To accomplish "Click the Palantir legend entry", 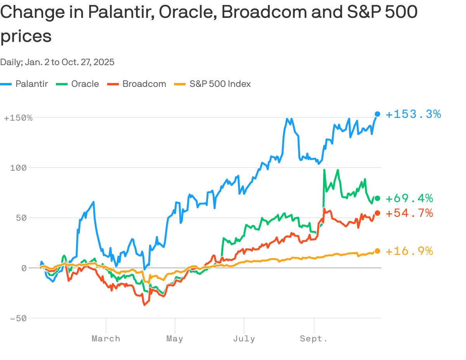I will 31,84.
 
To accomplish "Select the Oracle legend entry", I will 85,84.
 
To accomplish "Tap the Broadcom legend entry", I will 144,84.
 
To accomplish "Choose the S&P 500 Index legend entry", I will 220,84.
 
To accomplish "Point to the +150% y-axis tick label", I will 18,118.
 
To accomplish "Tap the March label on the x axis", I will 106,339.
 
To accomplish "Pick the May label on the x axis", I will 175,339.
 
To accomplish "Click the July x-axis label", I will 244,339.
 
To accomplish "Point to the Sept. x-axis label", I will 313,339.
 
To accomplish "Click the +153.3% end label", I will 413,114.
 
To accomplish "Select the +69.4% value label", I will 409,199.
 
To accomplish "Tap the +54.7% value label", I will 409,213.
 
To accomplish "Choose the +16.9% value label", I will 409,251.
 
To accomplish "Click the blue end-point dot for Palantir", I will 377,114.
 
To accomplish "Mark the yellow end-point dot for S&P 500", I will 377,251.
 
